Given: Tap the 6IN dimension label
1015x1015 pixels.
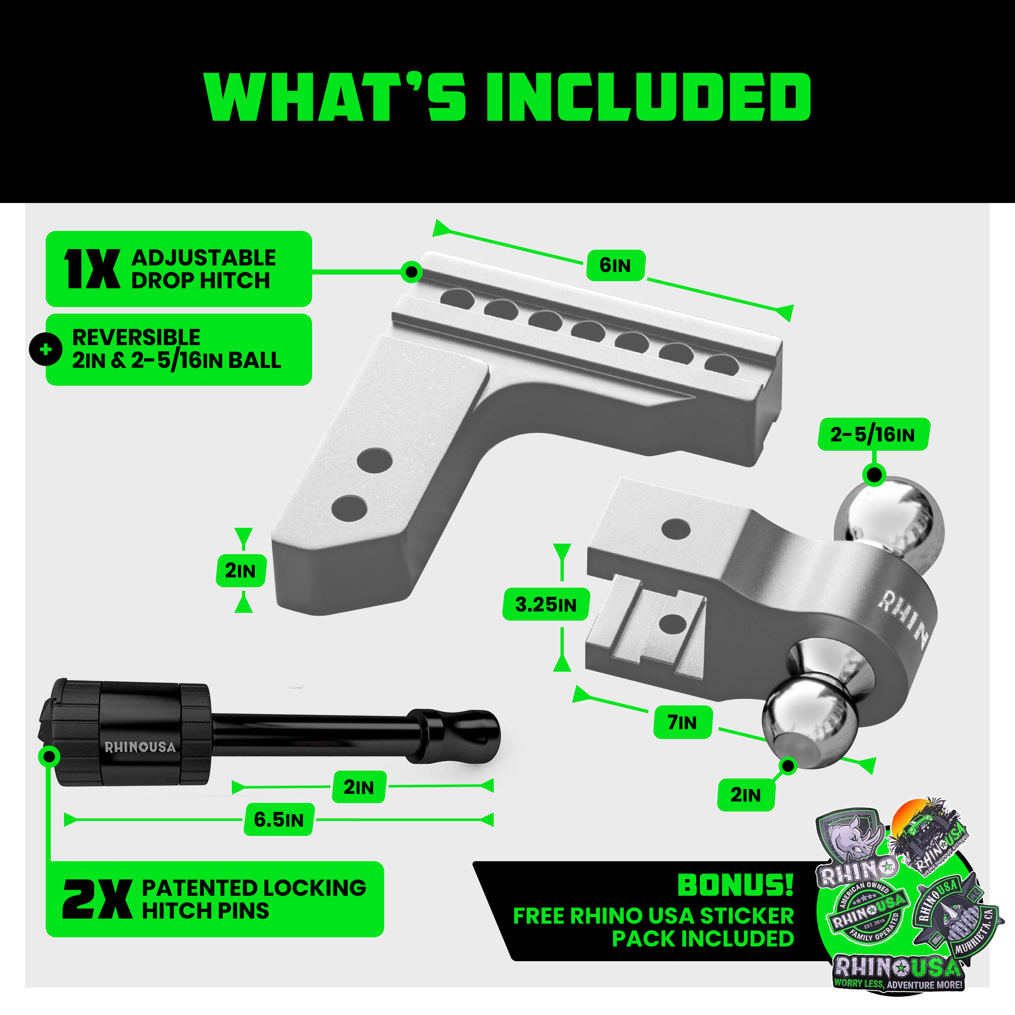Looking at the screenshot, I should tap(615, 265).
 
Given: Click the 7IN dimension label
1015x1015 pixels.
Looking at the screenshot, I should tap(683, 722).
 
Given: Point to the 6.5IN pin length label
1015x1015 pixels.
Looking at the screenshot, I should tap(279, 820).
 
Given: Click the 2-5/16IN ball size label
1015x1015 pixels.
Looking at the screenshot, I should tap(872, 434).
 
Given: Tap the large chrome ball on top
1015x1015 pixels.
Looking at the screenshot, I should tap(888, 518).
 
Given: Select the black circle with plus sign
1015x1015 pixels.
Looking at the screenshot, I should tap(46, 349).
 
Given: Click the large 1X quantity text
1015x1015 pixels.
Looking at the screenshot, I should tap(91, 269).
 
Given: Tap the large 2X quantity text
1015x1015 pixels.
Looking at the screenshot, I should tap(96, 899).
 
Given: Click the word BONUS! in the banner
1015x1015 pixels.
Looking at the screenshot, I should tap(735, 885).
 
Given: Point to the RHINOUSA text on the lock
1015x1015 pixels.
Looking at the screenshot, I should tap(140, 747).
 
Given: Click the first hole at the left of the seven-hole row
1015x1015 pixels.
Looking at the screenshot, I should tap(457, 298).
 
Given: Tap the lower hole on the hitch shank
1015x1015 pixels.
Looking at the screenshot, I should tap(349, 508).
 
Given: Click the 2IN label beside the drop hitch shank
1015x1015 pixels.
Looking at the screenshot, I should tap(241, 570).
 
